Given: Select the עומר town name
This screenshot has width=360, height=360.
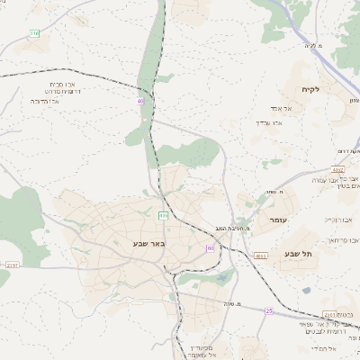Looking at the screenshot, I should (276, 220).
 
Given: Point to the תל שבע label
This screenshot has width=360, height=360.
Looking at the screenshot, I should (298, 254).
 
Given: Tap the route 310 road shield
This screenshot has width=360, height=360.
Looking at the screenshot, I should (35, 33).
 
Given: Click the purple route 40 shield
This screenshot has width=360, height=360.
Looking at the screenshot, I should (140, 102).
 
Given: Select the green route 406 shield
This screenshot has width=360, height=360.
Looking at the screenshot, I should (163, 216).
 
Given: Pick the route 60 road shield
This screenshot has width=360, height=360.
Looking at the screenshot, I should (211, 247).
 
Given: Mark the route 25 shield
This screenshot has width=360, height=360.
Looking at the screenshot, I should (268, 310).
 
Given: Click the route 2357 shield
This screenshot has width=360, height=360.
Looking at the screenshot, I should (12, 265).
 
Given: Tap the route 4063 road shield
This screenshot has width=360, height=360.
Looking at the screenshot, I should (261, 256).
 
